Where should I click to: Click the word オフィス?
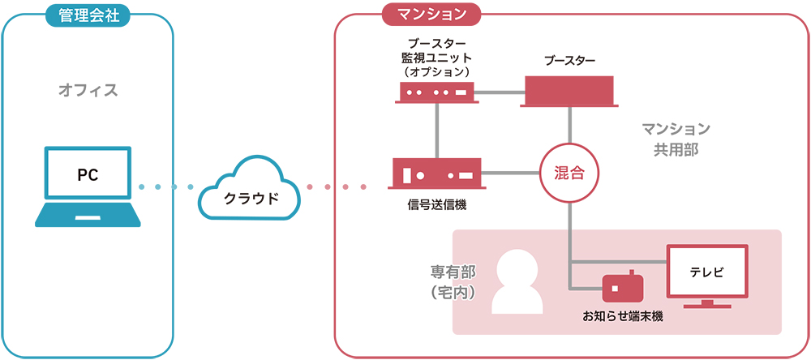point(88,90)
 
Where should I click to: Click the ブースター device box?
point(569,91)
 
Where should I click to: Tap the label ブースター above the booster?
point(569,61)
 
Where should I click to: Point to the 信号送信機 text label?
point(437,205)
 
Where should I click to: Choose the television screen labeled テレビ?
point(706,273)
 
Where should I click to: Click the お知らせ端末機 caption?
point(622,316)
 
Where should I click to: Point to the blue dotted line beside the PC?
point(166,187)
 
